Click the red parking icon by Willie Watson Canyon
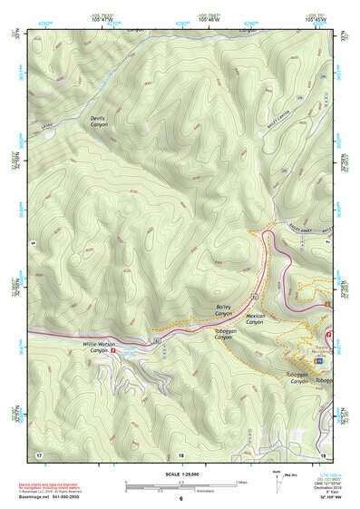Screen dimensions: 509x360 (113, 354)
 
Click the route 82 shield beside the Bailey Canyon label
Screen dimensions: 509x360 (256, 297)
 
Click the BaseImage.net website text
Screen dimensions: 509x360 (39, 497)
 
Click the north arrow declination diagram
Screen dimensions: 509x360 (277, 481)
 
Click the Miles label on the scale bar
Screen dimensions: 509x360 (240, 481)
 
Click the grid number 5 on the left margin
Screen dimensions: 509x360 (30, 243)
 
